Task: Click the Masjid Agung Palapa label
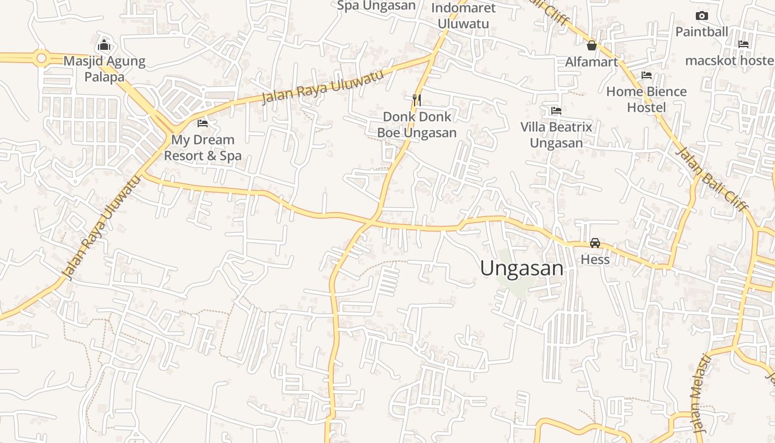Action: coord(104,69)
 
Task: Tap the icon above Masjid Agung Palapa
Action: coord(104,45)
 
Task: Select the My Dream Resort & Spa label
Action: coord(203,148)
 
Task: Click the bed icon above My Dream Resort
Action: coord(203,123)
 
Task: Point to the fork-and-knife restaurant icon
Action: coord(417,100)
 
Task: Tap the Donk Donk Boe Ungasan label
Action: coord(417,125)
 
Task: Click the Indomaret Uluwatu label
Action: coord(463,16)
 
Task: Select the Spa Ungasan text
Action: coord(376,6)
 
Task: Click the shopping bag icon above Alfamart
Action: coord(591,45)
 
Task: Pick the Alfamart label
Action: coord(591,62)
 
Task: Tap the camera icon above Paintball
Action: coord(701,16)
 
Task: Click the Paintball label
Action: coord(701,32)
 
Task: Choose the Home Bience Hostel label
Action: coord(647,99)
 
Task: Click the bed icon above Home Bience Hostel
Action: coord(647,75)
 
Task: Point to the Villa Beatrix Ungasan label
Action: coord(556,135)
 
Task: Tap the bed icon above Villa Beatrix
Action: coord(556,111)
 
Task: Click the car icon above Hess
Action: coord(595,243)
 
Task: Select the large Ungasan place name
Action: coord(521,269)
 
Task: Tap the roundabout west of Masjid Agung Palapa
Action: coord(41,58)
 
